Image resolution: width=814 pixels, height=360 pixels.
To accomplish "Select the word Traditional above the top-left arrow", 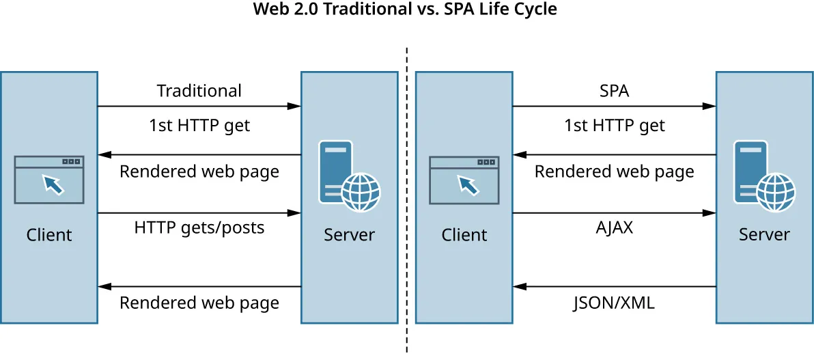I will pos(199,91).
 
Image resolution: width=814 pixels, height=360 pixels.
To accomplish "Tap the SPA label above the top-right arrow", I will pos(613,91).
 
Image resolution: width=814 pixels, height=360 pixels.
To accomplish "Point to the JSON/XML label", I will pos(614,303).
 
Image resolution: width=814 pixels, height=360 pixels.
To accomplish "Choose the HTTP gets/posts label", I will pos(199,227).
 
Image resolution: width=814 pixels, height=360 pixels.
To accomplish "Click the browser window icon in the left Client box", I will pos(49,180).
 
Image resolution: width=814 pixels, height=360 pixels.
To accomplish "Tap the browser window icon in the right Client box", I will pos(464,180).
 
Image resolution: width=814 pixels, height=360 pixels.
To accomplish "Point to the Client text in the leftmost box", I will pos(49,235).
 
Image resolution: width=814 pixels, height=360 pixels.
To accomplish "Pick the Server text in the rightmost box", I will pos(764,235).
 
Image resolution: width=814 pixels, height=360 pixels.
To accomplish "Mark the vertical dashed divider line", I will pos(407,205).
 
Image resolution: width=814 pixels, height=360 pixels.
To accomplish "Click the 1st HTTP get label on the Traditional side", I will pos(199,126).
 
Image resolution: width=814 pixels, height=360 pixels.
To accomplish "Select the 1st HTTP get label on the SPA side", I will pos(614,126).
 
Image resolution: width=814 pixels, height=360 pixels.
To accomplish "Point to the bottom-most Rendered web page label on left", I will pos(199,303).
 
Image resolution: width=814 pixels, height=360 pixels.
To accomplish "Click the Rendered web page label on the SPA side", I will pos(614,171).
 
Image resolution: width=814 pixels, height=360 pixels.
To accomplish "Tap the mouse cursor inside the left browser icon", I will pos(51,184).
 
